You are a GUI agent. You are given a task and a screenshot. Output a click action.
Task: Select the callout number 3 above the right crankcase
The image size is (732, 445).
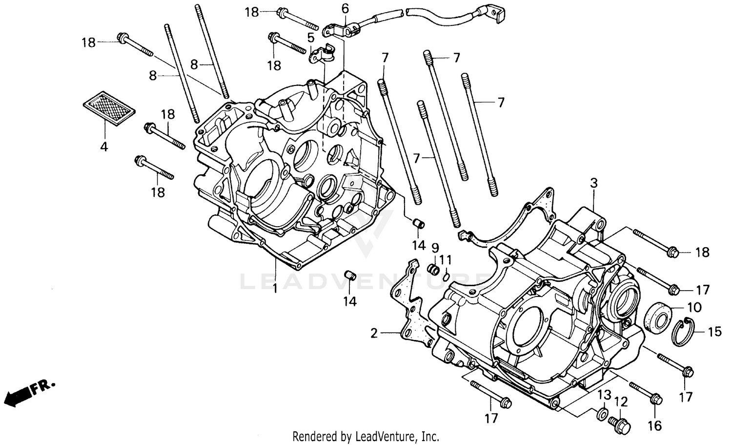tap(593, 183)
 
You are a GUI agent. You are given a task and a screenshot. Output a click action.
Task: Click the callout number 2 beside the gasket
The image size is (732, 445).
tap(374, 334)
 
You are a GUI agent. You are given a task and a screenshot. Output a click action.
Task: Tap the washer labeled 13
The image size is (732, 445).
tap(601, 415)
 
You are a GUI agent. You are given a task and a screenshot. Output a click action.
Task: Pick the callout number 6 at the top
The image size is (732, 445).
tap(346, 8)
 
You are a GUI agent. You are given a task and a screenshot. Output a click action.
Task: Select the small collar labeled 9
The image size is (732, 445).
tap(432, 270)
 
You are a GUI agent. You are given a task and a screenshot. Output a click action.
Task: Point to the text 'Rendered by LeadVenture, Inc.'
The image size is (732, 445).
tap(366, 436)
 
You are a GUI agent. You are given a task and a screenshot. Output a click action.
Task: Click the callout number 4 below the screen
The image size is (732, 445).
tap(104, 146)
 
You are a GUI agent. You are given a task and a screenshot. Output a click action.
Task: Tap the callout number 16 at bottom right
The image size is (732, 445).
tap(654, 425)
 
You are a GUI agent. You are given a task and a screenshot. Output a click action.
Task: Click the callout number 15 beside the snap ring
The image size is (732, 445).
tap(714, 332)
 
